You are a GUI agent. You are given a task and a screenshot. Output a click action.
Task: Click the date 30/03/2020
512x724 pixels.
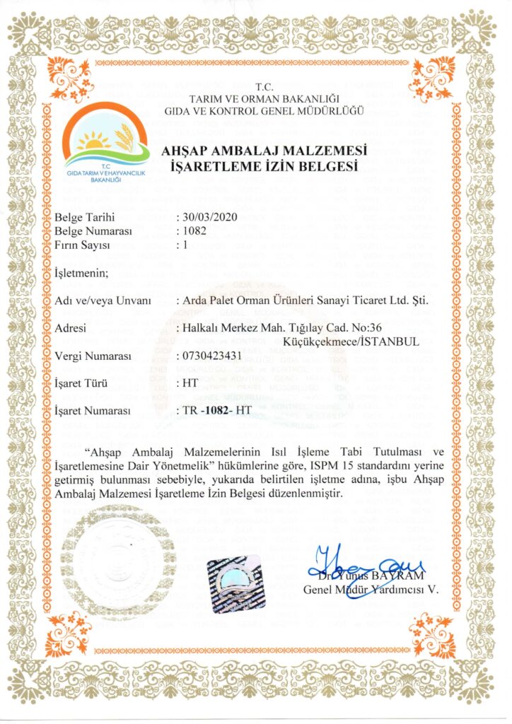tap(206, 217)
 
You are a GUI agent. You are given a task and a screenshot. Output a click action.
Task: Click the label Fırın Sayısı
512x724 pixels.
tap(83, 245)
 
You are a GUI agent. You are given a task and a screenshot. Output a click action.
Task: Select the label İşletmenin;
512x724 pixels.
tap(81, 274)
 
